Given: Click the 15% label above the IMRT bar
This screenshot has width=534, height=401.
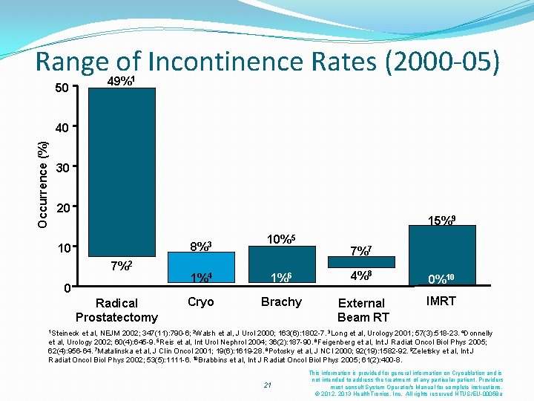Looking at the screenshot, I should [442, 220].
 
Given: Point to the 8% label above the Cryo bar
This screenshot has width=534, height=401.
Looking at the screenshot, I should [200, 245].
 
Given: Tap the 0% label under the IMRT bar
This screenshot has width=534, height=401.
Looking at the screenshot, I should [441, 279].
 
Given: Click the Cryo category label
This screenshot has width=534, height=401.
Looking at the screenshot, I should [200, 301].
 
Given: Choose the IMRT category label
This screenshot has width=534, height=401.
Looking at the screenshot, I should [441, 301].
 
